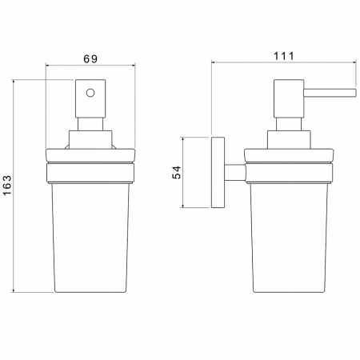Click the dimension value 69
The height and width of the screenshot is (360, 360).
pyautogui.click(x=90, y=58)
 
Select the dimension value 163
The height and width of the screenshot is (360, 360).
pyautogui.click(x=7, y=185)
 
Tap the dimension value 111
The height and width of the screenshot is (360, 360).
pyautogui.click(x=284, y=56)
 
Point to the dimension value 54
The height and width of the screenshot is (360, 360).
pyautogui.click(x=176, y=172)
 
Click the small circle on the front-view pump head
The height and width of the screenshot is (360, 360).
pyautogui.click(x=90, y=93)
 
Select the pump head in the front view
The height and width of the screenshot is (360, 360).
pyautogui.click(x=90, y=98)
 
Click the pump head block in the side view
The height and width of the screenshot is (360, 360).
pyautogui.click(x=289, y=98)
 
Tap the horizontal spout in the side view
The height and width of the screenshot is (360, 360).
pyautogui.click(x=330, y=92)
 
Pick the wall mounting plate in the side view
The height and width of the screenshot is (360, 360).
pyautogui.click(x=218, y=172)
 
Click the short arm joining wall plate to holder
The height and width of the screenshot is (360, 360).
pyautogui.click(x=234, y=172)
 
